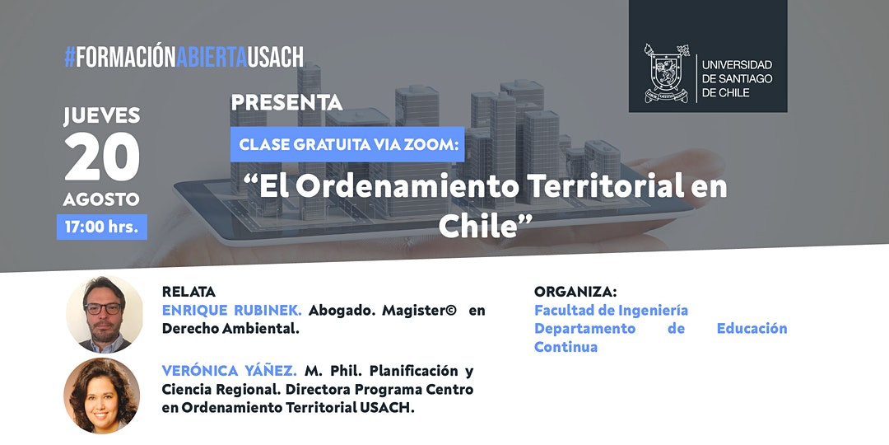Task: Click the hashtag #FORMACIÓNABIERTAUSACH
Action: pyautogui.click(x=184, y=57)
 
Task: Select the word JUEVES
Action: pyautogui.click(x=102, y=116)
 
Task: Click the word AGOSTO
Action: pyautogui.click(x=102, y=199)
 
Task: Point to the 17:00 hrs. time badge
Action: pyautogui.click(x=102, y=227)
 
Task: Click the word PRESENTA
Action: pyautogui.click(x=286, y=103)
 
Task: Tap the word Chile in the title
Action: pyautogui.click(x=479, y=225)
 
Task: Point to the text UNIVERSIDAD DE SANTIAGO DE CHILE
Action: pyautogui.click(x=737, y=78)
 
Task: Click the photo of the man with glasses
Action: pyautogui.click(x=104, y=315)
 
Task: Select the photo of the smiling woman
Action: pyautogui.click(x=102, y=396)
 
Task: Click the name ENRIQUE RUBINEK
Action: pyautogui.click(x=232, y=311)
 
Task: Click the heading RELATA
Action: pyautogui.click(x=189, y=292)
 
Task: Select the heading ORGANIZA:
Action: pyautogui.click(x=575, y=292)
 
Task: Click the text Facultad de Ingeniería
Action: pyautogui.click(x=611, y=311)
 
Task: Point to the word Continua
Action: pyautogui.click(x=566, y=347)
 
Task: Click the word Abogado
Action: pyautogui.click(x=342, y=311)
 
